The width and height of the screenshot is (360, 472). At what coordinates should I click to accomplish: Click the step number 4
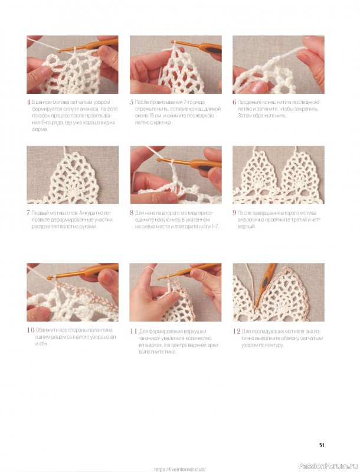click(29, 102)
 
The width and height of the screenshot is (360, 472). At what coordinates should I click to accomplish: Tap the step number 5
click(132, 102)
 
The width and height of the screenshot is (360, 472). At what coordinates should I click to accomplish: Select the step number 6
click(234, 102)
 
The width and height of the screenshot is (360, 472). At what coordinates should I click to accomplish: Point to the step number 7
click(28, 213)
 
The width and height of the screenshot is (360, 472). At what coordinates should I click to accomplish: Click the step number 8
click(132, 213)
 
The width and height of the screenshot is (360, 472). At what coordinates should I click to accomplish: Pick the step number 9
click(234, 213)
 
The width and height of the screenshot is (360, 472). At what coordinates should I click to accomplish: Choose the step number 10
click(31, 330)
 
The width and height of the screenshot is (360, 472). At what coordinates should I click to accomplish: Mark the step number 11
click(133, 332)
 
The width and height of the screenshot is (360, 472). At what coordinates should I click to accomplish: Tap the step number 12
click(236, 332)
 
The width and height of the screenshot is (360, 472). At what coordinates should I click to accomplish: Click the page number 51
click(322, 445)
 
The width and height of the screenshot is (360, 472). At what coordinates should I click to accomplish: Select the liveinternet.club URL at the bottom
click(180, 469)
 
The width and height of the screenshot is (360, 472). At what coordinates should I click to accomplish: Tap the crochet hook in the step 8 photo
click(189, 163)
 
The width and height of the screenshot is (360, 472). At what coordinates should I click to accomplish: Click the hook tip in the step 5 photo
click(172, 42)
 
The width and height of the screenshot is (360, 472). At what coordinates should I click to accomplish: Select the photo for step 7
click(73, 175)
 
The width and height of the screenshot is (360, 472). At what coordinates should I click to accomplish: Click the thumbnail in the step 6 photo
click(258, 87)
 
